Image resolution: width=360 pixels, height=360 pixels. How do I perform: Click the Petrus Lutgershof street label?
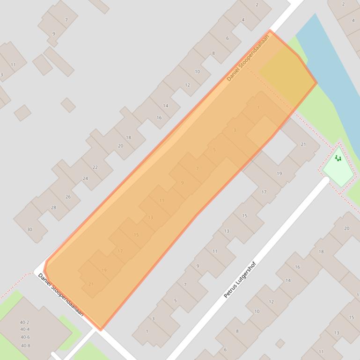click(240, 281)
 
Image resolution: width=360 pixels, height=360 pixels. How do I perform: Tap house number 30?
click(29, 229)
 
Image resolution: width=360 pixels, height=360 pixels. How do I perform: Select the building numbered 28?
click(53, 208)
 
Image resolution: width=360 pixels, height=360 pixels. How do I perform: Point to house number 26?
click(68, 197)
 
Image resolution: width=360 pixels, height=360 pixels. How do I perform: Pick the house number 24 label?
click(85, 179)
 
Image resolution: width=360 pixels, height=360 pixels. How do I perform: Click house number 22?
click(95, 167)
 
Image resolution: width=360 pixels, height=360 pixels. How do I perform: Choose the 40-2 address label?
click(25, 323)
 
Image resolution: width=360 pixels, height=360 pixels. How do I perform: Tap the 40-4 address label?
click(25, 330)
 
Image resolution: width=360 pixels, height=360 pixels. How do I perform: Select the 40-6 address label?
click(25, 337)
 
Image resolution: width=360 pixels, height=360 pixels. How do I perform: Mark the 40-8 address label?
click(25, 346)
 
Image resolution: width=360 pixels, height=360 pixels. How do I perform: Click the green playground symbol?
click(338, 158)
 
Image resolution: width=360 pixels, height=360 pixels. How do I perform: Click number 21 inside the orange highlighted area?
click(91, 284)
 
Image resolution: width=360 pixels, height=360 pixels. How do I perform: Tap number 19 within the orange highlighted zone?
click(104, 270)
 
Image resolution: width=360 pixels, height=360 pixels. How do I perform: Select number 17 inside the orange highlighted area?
click(120, 251)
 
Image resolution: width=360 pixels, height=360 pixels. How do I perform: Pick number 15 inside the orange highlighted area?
click(136, 235)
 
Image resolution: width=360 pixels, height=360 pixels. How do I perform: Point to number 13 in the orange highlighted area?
click(150, 217)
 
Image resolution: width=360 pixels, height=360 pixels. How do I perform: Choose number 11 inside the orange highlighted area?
click(162, 201)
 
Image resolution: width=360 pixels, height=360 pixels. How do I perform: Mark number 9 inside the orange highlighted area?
click(182, 183)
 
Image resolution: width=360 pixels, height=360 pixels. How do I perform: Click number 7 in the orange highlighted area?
click(198, 168)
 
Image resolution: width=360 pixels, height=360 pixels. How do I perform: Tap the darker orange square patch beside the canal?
click(287, 76)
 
